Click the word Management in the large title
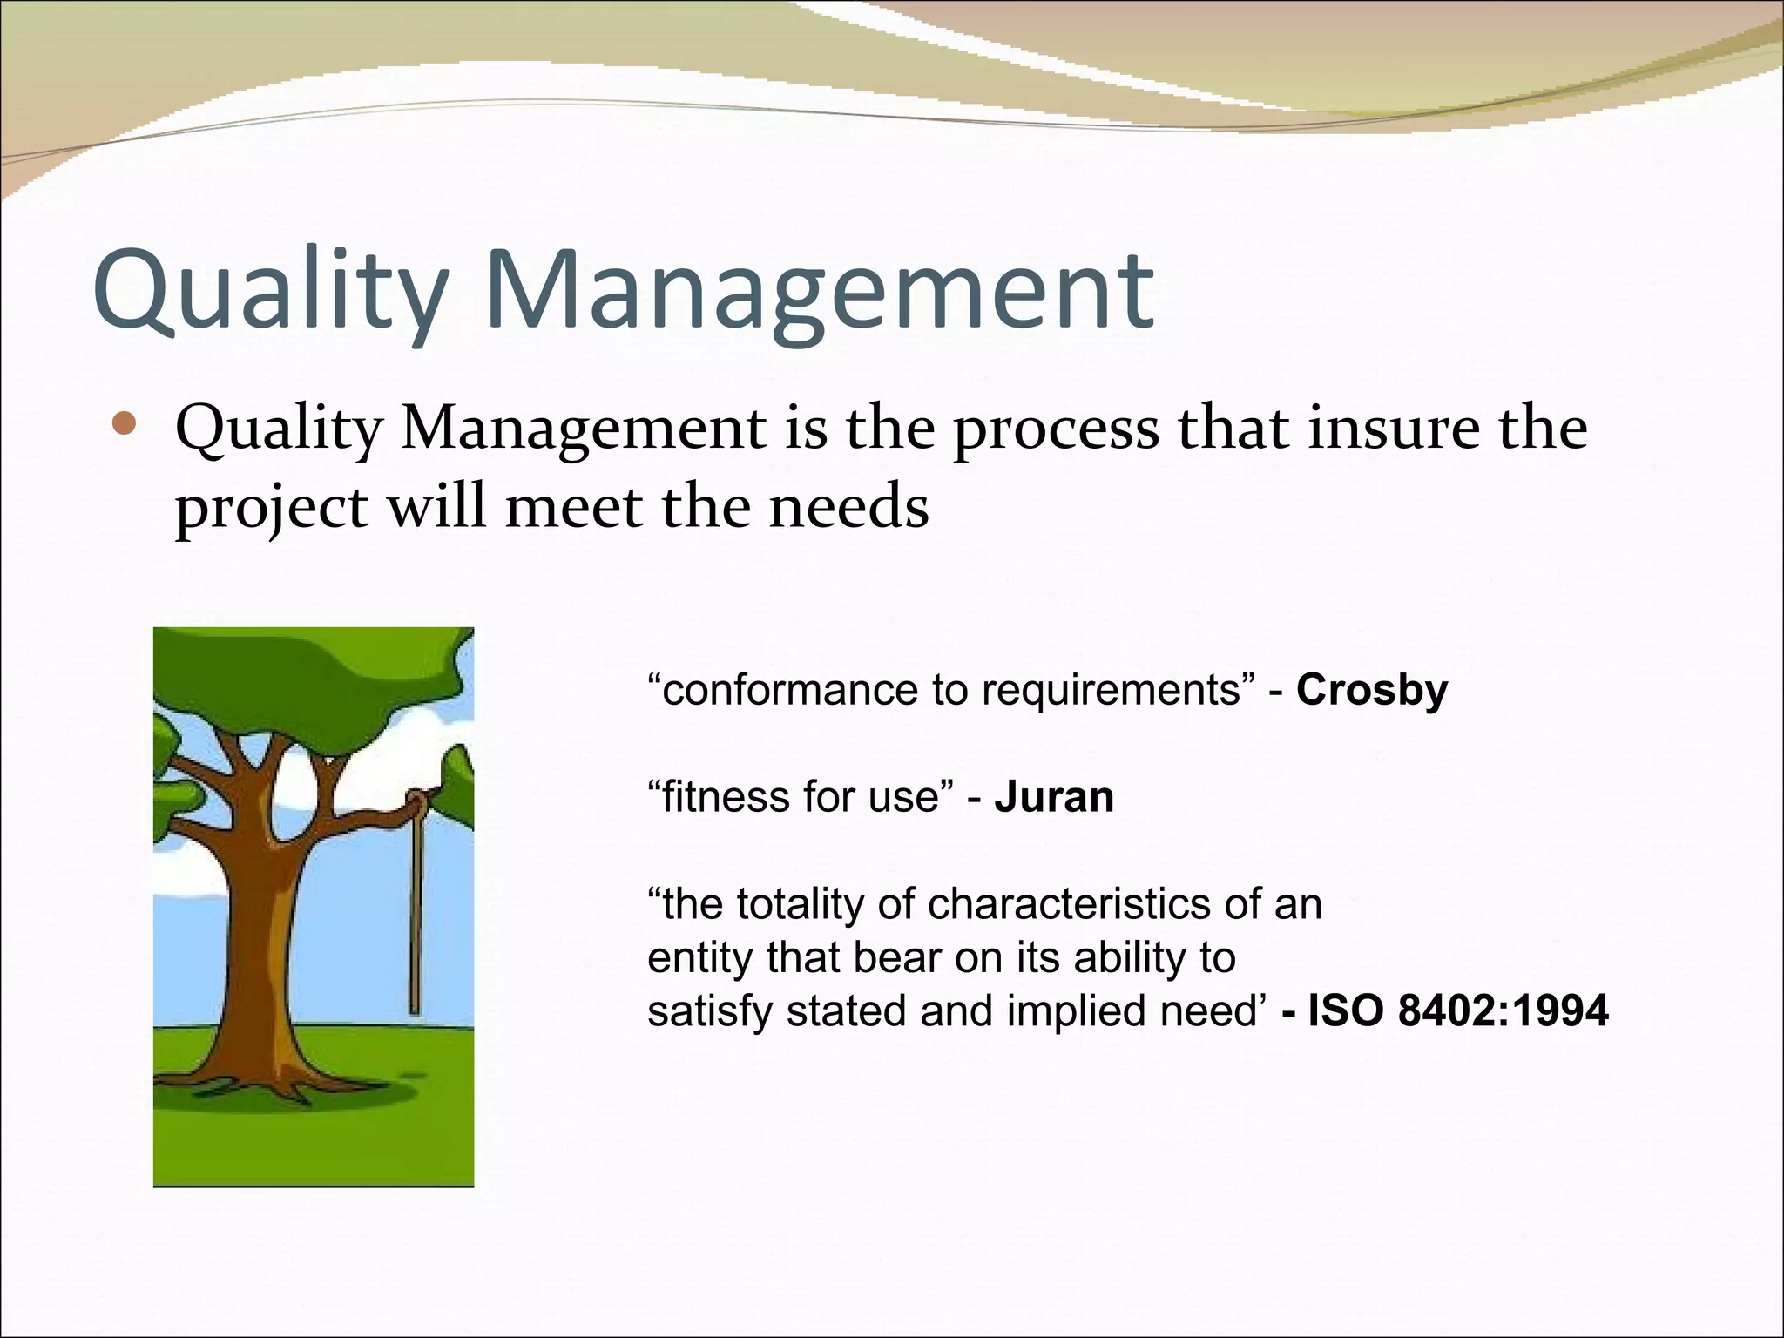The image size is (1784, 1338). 819,292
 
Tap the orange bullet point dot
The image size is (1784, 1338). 125,424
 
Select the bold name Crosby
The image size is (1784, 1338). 1371,690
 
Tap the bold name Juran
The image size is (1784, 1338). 1053,797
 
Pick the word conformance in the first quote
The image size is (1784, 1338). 788,690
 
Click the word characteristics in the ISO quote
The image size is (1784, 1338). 1071,904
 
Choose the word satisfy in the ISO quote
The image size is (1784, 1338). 709,1012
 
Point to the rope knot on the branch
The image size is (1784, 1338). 418,800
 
